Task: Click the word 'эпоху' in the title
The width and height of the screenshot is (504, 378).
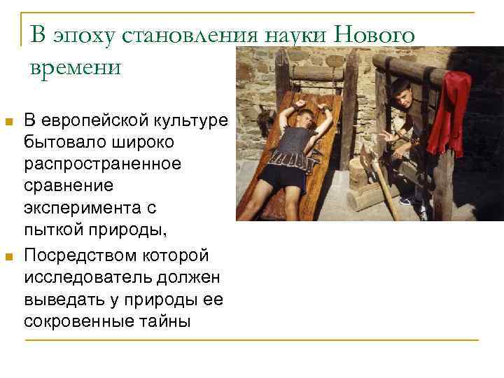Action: tap(73, 35)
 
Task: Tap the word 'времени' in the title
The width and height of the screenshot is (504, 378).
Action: tap(76, 67)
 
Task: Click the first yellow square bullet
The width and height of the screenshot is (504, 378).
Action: tap(9, 123)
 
